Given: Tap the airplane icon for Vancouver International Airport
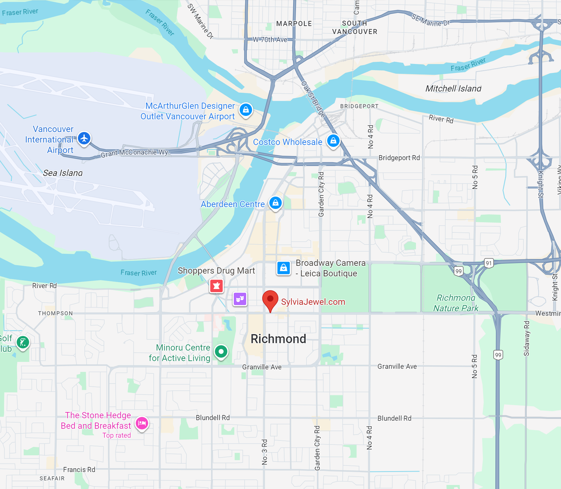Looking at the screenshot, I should (84, 138).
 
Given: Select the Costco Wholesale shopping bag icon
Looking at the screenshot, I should (333, 141).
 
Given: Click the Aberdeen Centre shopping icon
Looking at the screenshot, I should (276, 203).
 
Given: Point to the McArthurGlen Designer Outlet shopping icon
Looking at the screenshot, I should (246, 110).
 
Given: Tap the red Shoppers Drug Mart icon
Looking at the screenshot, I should (216, 286).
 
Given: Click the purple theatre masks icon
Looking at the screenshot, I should (240, 299).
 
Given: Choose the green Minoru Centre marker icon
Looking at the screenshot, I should (221, 351).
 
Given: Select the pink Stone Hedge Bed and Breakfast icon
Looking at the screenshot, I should (142, 423).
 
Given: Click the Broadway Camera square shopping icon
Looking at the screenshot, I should (283, 268).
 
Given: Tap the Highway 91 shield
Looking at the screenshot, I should (488, 263).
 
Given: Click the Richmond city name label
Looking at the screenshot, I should (278, 339).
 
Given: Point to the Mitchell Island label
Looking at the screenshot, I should (453, 89).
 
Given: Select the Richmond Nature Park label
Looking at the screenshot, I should (456, 303).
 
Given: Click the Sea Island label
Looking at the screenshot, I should (63, 173).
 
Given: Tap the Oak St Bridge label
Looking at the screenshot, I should (313, 99).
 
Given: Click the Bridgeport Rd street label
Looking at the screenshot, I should (399, 158).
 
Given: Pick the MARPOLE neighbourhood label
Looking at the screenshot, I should (294, 24).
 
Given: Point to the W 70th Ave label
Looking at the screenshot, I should (270, 40).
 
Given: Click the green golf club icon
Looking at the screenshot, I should (23, 342).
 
